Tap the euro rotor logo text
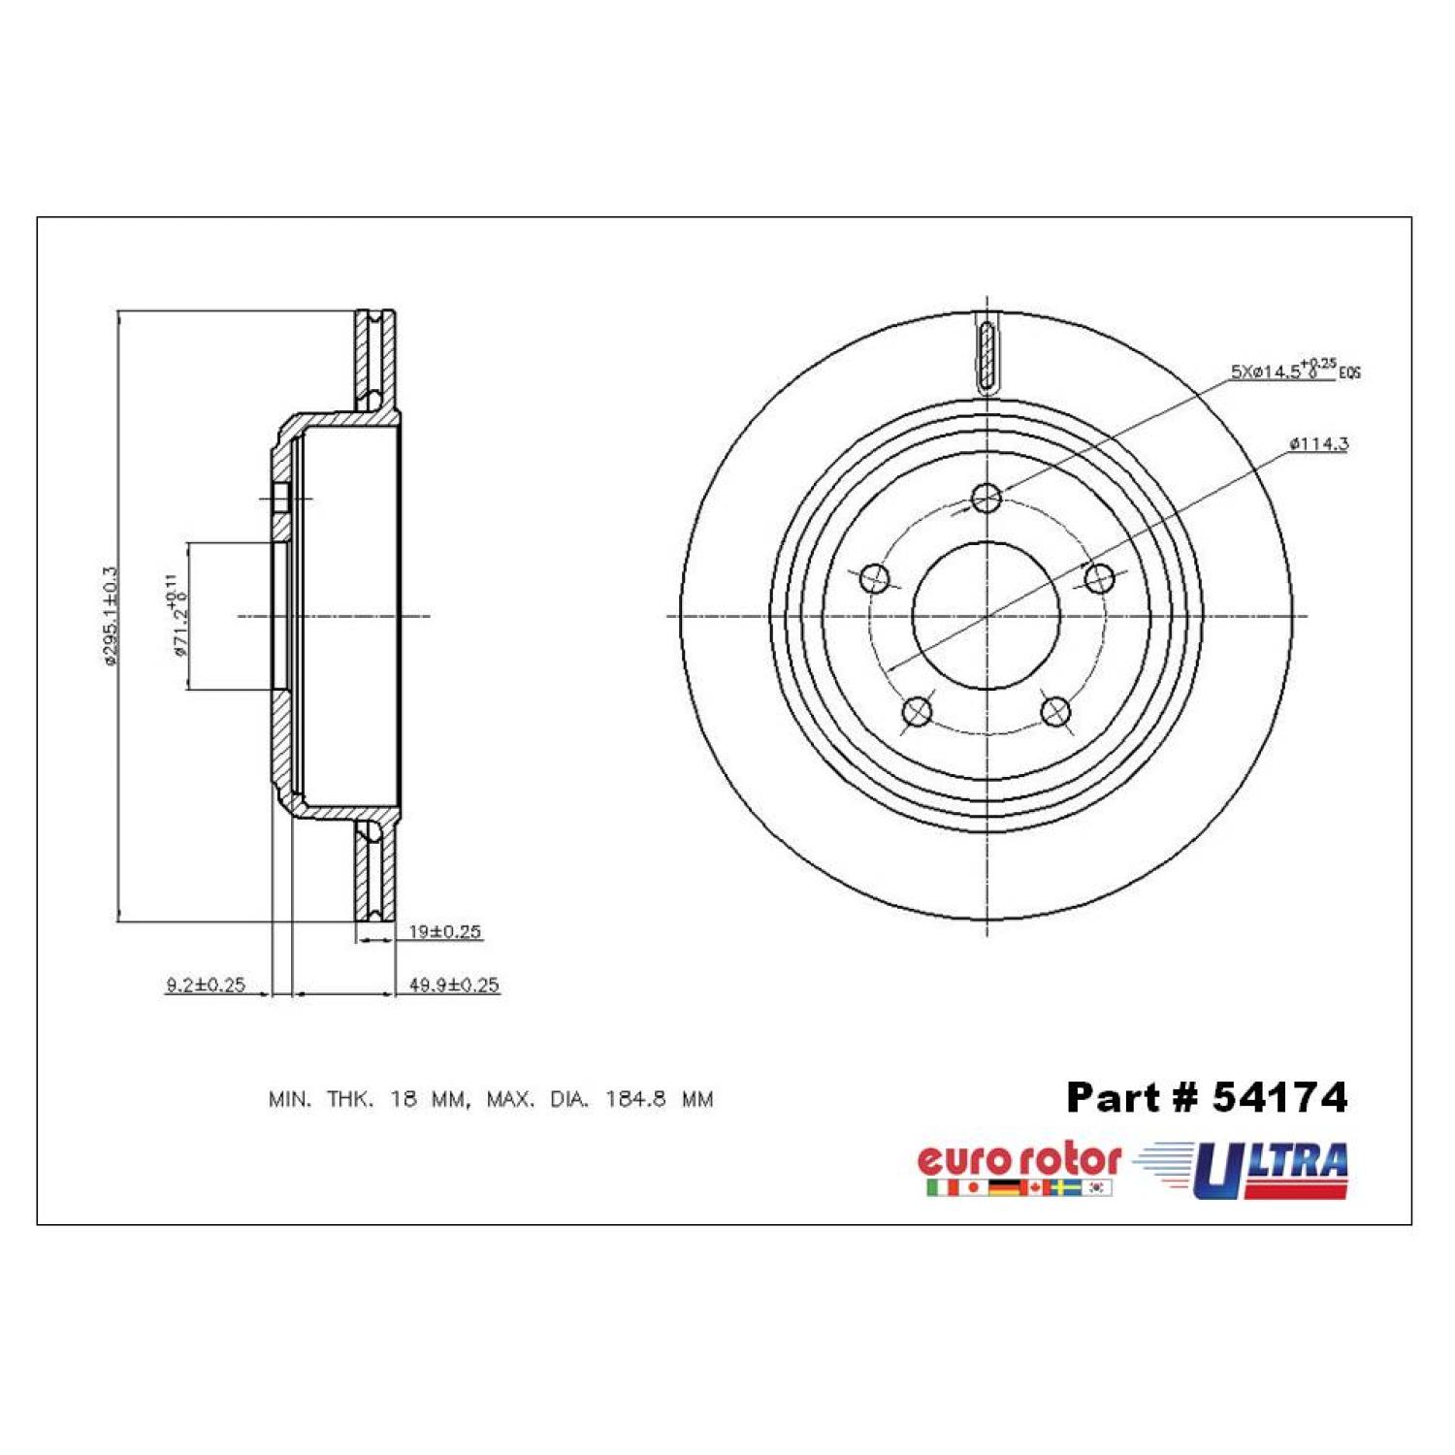(1018, 1160)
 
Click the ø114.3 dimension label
(1318, 444)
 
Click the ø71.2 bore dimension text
(177, 615)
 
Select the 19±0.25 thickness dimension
(444, 931)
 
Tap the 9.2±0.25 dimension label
(205, 986)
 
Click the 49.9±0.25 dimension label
(454, 986)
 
